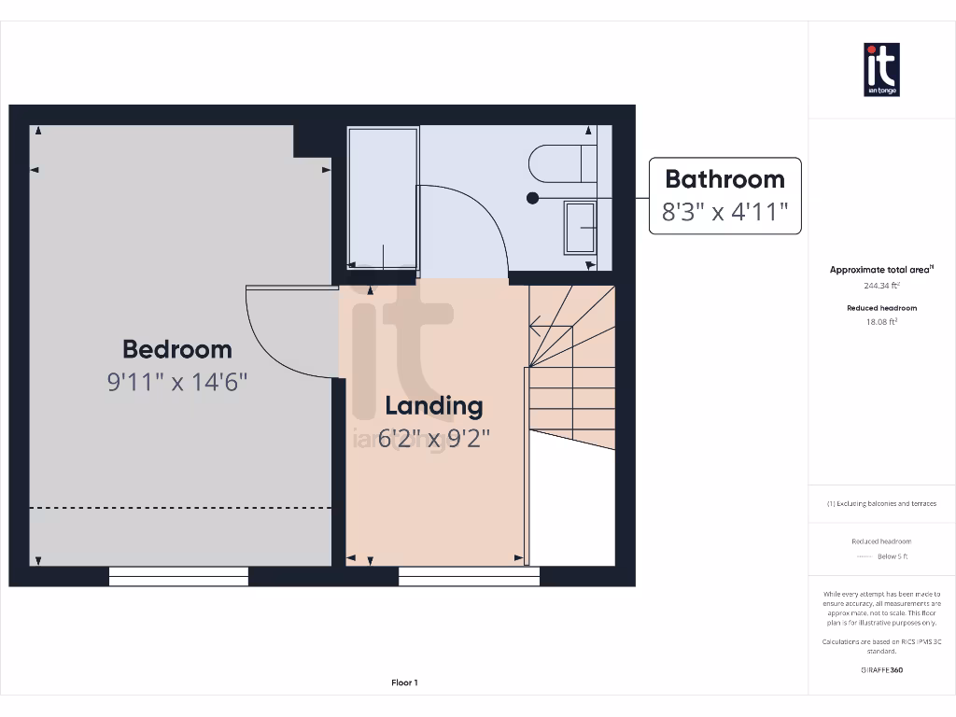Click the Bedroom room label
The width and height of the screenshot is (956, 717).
pyautogui.click(x=177, y=349)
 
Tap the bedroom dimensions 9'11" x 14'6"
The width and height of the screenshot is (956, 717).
pyautogui.click(x=177, y=382)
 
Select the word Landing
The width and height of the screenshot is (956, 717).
pyautogui.click(x=434, y=406)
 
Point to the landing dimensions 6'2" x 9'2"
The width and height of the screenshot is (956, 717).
pyautogui.click(x=434, y=438)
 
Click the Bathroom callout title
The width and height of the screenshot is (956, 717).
pyautogui.click(x=724, y=178)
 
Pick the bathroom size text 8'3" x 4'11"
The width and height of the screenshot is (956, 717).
pyautogui.click(x=724, y=212)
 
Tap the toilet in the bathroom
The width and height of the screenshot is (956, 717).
pyautogui.click(x=561, y=163)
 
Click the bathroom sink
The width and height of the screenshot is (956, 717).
pyautogui.click(x=580, y=227)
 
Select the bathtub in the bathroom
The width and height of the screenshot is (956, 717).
pyautogui.click(x=383, y=198)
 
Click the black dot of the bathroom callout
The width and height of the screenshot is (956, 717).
pyautogui.click(x=532, y=198)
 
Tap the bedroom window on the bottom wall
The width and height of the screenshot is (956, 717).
pyautogui.click(x=178, y=576)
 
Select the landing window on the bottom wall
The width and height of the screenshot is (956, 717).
pyautogui.click(x=469, y=576)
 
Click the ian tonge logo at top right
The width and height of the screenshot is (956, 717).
pyautogui.click(x=881, y=70)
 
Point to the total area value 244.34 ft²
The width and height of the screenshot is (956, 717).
pyautogui.click(x=880, y=287)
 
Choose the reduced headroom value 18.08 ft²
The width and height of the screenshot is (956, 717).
pyautogui.click(x=880, y=321)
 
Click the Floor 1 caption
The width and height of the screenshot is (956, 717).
pyautogui.click(x=404, y=682)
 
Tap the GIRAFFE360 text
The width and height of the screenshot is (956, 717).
pyautogui.click(x=880, y=669)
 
